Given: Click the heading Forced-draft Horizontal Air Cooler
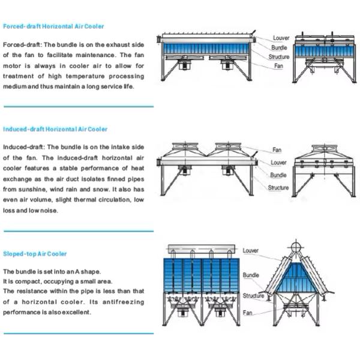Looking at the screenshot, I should (x=53, y=27).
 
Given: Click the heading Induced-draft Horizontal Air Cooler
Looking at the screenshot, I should (x=55, y=129).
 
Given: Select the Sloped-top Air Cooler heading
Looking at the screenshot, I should (x=35, y=254).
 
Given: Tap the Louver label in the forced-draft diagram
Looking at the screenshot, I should (x=281, y=38).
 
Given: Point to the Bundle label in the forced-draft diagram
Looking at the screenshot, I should (x=279, y=47).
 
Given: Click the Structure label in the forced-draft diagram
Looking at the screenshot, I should (x=279, y=56).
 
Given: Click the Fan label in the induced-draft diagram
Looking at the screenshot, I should (x=277, y=149).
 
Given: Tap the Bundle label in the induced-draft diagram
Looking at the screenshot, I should (x=278, y=175).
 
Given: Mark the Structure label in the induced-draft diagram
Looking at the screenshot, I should (x=278, y=188).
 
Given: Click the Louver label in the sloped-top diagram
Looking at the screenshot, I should (x=251, y=250).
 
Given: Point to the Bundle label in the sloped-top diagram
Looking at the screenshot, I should (x=251, y=275).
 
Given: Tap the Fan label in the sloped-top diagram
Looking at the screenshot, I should (x=247, y=313).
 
